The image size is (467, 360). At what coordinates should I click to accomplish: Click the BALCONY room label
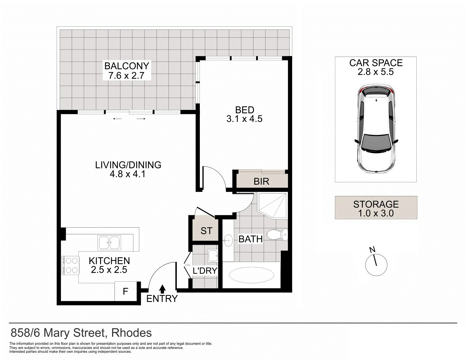126,66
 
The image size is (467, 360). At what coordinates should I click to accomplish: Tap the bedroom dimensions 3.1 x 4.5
244,119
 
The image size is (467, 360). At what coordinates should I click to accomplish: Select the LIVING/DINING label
128,165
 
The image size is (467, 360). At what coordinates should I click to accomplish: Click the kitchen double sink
109,243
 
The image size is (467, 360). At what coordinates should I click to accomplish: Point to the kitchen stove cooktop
71,265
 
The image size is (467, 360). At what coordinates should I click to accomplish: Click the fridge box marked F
126,292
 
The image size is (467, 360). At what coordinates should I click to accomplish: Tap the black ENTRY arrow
162,289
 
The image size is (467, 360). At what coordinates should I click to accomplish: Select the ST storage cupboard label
206,231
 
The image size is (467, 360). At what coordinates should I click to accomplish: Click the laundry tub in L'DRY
212,256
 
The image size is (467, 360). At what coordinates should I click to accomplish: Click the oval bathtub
252,276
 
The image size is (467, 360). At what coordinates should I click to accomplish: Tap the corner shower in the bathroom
273,204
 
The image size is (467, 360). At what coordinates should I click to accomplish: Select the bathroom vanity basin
228,240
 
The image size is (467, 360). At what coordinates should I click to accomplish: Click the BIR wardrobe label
261,182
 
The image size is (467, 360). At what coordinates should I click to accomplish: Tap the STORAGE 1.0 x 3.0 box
376,208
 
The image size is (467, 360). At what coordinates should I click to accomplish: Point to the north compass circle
376,265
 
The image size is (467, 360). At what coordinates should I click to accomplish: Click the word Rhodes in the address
131,333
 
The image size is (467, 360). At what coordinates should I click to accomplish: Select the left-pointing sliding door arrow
117,119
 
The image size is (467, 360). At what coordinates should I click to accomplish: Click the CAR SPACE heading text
376,63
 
